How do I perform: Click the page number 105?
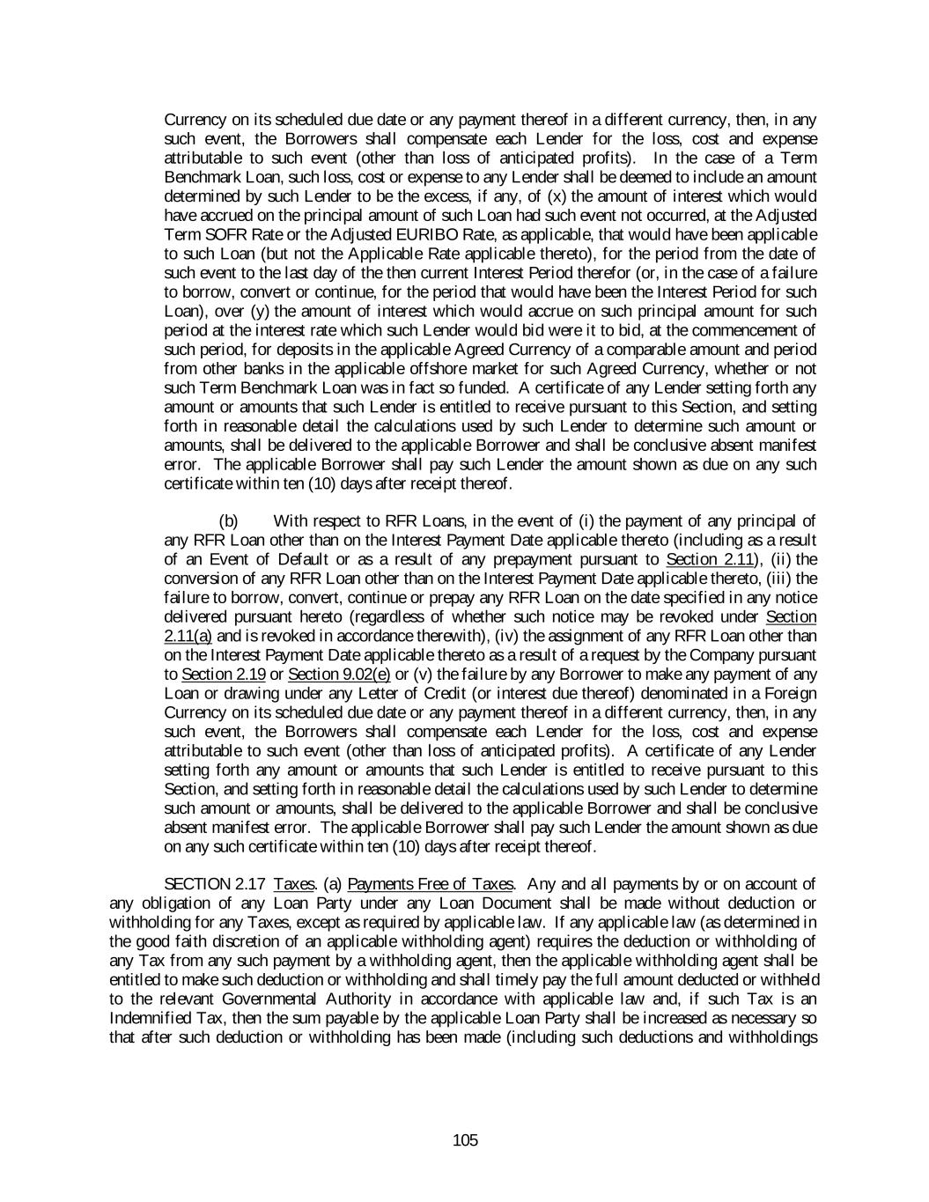[464, 1141]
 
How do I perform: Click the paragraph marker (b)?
[228, 520]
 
